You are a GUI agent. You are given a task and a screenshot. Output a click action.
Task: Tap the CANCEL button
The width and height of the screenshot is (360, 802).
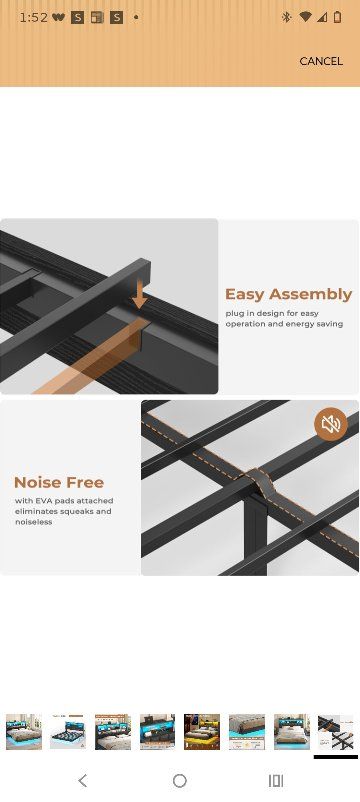coord(321,61)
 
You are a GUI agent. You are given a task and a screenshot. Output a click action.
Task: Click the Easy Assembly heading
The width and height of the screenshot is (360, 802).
coord(288,294)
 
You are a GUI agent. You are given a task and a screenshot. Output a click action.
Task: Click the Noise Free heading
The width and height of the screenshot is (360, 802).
coord(59,482)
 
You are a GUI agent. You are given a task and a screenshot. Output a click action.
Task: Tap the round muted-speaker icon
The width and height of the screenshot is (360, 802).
coord(331,424)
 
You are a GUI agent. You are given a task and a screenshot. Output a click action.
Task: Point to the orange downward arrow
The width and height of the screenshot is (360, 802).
coord(139,294)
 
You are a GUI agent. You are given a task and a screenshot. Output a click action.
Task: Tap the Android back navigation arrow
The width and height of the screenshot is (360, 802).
coord(83,781)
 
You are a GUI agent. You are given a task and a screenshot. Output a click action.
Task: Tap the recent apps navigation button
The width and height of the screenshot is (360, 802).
coord(276,781)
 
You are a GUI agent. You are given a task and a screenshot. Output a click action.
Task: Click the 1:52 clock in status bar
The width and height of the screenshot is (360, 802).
coord(33,17)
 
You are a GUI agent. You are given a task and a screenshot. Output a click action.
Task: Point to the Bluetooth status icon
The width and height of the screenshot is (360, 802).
coord(286,17)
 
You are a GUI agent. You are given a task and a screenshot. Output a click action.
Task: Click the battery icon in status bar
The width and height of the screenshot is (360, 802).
coord(337,17)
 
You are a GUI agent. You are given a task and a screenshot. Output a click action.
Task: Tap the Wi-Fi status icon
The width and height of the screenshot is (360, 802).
coord(305,17)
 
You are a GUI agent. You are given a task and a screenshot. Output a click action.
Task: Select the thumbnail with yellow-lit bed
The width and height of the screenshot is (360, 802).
coord(202,732)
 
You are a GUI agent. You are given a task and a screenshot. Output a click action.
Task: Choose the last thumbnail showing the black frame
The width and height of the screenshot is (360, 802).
coord(335,732)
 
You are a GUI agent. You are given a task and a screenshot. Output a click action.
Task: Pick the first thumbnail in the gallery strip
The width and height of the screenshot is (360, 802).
coord(24,732)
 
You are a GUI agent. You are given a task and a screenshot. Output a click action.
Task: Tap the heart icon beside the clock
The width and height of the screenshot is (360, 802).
coord(58,17)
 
